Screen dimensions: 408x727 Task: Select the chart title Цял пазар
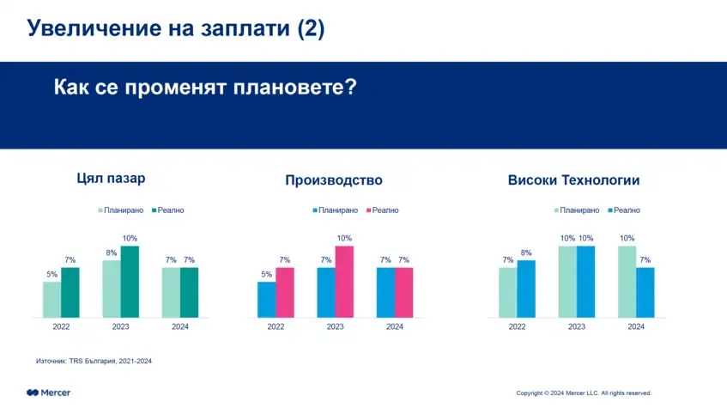[x=110, y=180]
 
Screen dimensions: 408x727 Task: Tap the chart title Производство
[x=333, y=180]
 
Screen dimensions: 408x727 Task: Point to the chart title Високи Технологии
[x=573, y=180]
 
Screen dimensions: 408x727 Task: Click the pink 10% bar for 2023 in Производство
[x=344, y=282]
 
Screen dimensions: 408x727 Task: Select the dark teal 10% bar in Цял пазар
[x=130, y=282]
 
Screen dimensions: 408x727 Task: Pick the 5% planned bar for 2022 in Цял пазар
[x=52, y=300]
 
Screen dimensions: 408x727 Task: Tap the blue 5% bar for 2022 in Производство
[x=267, y=300]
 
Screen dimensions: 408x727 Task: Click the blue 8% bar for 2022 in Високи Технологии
[x=526, y=289]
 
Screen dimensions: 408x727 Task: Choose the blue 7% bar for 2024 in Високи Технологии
[x=645, y=292]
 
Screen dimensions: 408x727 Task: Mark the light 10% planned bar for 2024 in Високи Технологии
[x=627, y=282]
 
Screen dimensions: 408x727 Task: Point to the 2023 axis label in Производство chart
[x=335, y=327]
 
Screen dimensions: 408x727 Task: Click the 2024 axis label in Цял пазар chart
[x=180, y=327]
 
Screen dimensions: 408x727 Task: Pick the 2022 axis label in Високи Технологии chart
[x=517, y=327]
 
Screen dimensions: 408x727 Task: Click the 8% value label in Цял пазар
[x=112, y=253]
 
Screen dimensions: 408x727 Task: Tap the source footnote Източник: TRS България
[x=94, y=361]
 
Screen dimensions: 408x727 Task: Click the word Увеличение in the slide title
[x=90, y=28]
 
